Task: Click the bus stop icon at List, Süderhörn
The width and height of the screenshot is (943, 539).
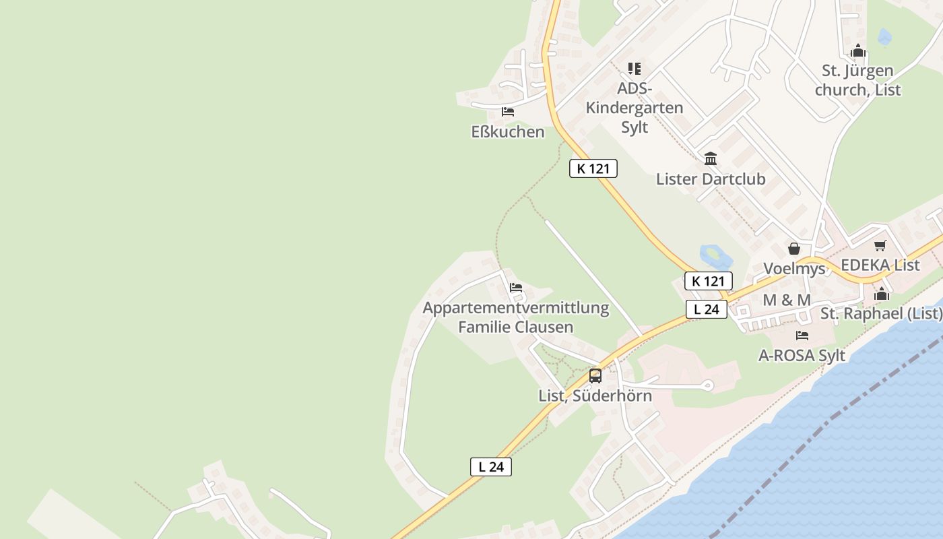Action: pyautogui.click(x=595, y=376)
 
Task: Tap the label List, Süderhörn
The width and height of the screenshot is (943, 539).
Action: pyautogui.click(x=595, y=395)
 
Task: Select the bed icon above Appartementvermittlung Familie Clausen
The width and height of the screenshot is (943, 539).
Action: pyautogui.click(x=516, y=288)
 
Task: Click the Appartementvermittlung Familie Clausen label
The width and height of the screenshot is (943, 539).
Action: pyautogui.click(x=516, y=317)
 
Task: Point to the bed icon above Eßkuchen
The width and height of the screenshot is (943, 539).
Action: pyautogui.click(x=508, y=112)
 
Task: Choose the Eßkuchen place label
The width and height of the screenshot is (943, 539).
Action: pyautogui.click(x=508, y=131)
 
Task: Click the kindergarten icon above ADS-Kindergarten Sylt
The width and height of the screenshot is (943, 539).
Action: pyautogui.click(x=635, y=69)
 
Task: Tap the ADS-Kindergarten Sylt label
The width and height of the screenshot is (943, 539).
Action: pyautogui.click(x=635, y=108)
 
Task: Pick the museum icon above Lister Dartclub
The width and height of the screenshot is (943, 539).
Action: pyautogui.click(x=711, y=159)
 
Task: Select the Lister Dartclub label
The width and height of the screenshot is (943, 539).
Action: pyautogui.click(x=711, y=179)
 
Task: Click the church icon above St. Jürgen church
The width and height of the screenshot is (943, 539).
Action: pyautogui.click(x=857, y=51)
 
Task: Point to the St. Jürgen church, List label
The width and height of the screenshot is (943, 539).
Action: pyautogui.click(x=857, y=80)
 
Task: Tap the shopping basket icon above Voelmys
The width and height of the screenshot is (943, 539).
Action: pyautogui.click(x=794, y=249)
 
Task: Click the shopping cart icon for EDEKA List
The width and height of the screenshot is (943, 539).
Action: pyautogui.click(x=880, y=245)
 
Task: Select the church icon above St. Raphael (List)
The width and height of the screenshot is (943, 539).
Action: pyautogui.click(x=881, y=294)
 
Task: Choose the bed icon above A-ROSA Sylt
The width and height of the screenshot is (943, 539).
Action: pyautogui.click(x=802, y=336)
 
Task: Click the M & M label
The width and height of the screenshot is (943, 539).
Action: pyautogui.click(x=786, y=300)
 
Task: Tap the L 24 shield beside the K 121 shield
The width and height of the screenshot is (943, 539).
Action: pyautogui.click(x=706, y=309)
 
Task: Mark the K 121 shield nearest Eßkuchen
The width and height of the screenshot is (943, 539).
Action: pyautogui.click(x=593, y=168)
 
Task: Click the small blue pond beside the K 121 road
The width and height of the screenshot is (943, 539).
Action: pyautogui.click(x=714, y=255)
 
